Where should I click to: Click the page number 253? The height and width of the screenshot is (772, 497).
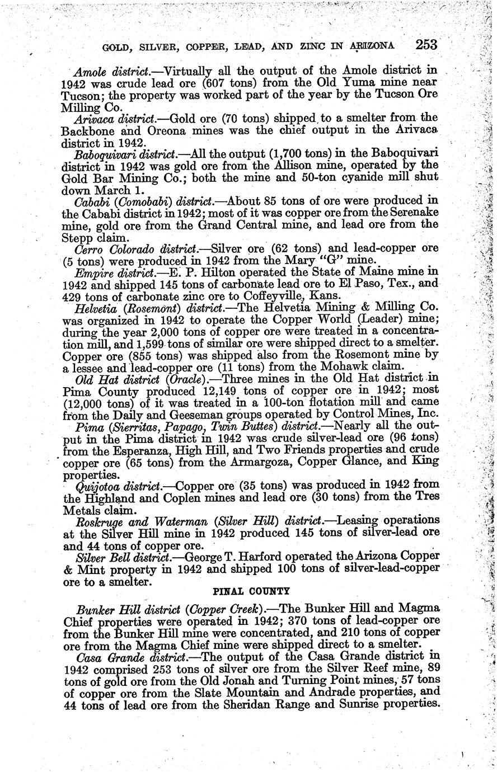(426, 44)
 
